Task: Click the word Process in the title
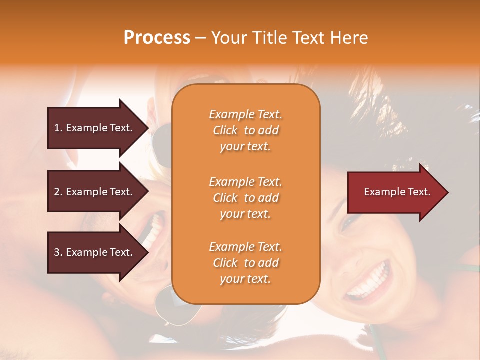click(157, 38)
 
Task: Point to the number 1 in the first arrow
click(57, 128)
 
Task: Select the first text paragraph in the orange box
click(245, 130)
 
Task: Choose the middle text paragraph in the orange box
click(245, 198)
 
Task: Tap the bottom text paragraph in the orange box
click(245, 263)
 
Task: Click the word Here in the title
click(350, 38)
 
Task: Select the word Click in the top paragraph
click(225, 130)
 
